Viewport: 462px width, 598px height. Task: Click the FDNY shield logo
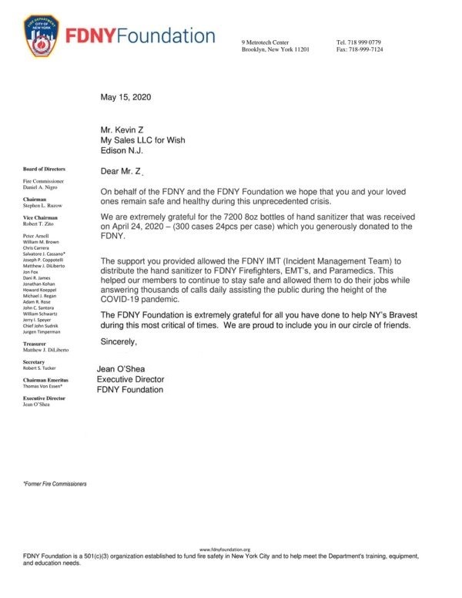tap(43, 37)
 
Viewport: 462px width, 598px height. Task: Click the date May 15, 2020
tap(126, 98)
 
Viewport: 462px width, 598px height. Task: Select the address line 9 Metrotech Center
tap(266, 41)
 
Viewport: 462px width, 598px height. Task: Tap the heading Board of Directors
tap(44, 168)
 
